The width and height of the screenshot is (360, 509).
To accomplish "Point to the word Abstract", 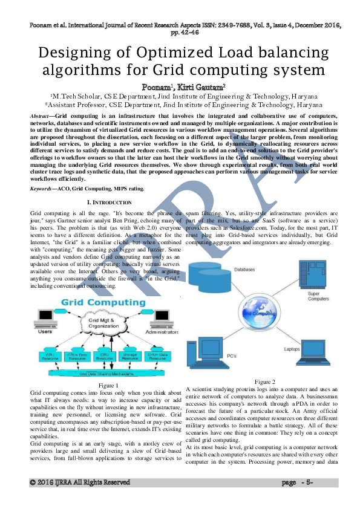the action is [x=39, y=115].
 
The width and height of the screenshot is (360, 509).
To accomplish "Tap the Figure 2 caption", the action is [x=265, y=381].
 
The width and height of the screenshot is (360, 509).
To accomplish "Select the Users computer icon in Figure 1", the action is [x=45, y=319].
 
